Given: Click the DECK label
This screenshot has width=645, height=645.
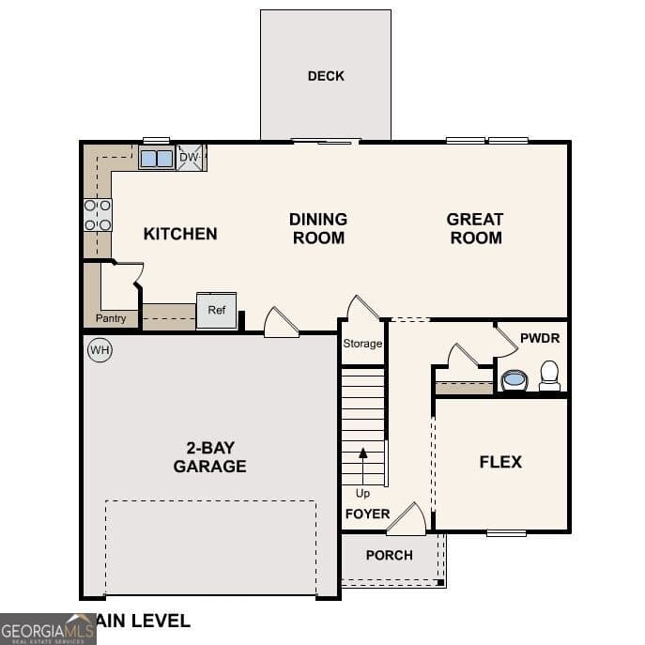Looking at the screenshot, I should pyautogui.click(x=326, y=76).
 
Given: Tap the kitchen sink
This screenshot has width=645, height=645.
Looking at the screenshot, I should pyautogui.click(x=156, y=158).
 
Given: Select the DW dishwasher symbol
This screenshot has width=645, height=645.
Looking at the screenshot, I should pyautogui.click(x=190, y=158).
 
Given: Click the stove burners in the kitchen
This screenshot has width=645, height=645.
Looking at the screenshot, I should pyautogui.click(x=98, y=214).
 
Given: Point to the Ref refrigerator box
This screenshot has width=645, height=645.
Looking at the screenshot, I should pyautogui.click(x=216, y=311).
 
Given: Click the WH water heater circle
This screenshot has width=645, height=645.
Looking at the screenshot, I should pyautogui.click(x=100, y=351).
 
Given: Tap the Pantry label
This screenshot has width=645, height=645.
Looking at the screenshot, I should pyautogui.click(x=111, y=319).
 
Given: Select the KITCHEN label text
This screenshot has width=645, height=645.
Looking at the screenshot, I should pyautogui.click(x=180, y=234).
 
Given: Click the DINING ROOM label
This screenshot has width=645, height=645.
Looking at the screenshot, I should pyautogui.click(x=318, y=228).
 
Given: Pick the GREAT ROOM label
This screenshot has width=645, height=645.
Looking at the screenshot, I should pyautogui.click(x=475, y=228).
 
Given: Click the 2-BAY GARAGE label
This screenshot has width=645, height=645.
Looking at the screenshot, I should pyautogui.click(x=209, y=457).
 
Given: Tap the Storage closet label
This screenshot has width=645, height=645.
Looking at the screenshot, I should pyautogui.click(x=362, y=344).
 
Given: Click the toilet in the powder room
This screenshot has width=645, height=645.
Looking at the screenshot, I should pyautogui.click(x=549, y=376).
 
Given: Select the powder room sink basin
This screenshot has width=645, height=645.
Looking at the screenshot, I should pyautogui.click(x=514, y=380).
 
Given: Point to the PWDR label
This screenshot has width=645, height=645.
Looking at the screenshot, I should pyautogui.click(x=540, y=337).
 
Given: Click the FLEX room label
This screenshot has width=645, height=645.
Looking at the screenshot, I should pyautogui.click(x=500, y=462).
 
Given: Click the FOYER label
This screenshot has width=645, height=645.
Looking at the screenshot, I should pyautogui.click(x=367, y=514).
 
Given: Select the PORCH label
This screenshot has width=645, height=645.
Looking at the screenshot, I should pyautogui.click(x=389, y=555).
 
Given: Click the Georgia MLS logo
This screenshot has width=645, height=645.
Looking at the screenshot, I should pyautogui.click(x=48, y=628).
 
